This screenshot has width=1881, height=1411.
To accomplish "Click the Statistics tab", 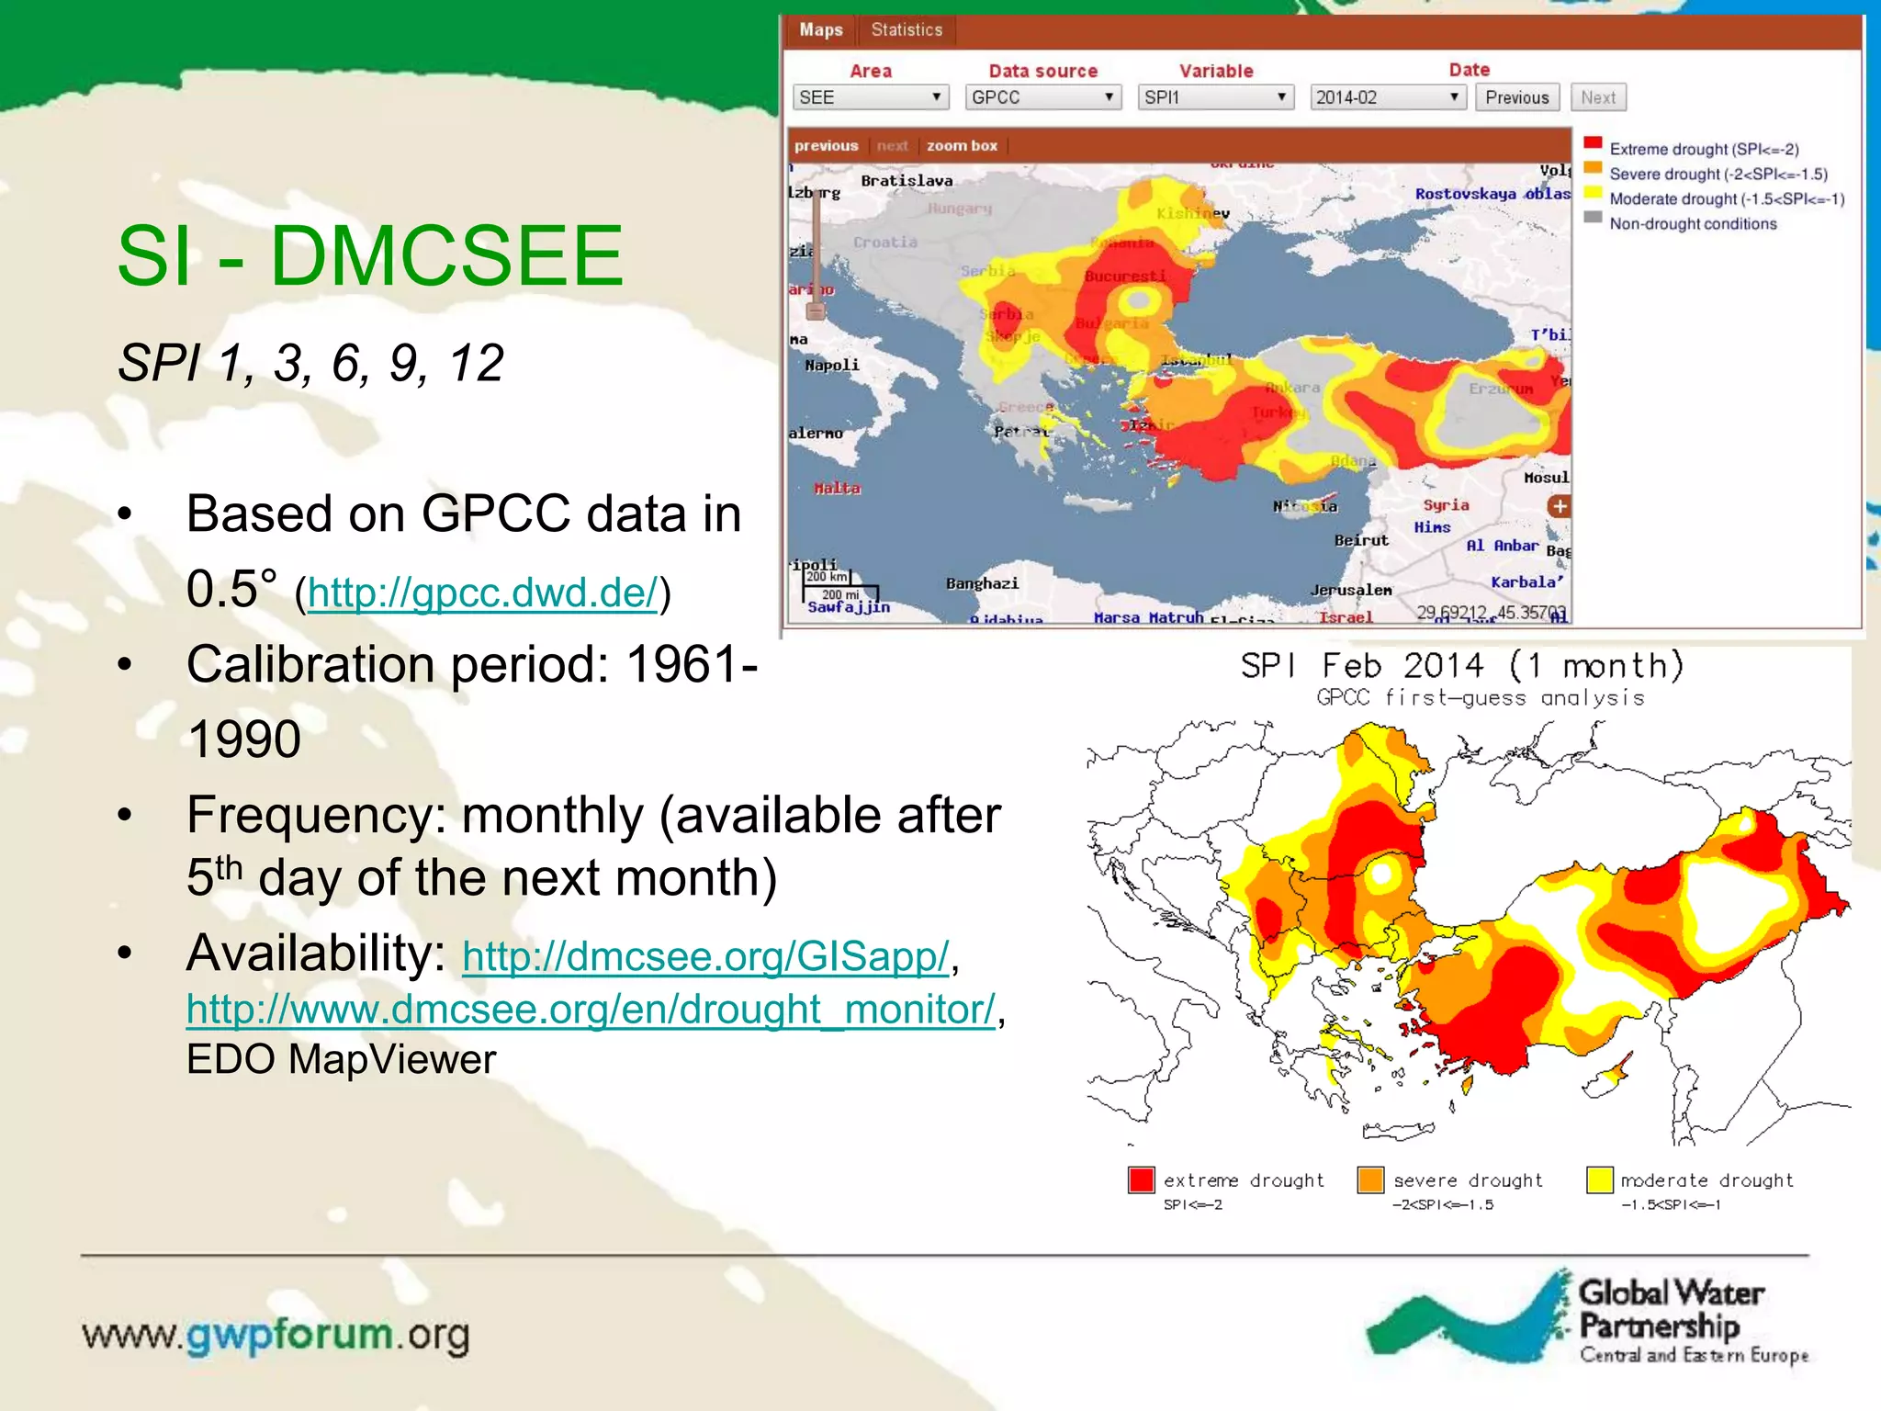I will click(907, 30).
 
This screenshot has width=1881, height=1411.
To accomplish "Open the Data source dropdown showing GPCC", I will click(1042, 97).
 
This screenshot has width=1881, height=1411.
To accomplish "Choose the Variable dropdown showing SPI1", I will click(1215, 97).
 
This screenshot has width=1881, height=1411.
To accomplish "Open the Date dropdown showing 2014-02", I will click(1387, 97).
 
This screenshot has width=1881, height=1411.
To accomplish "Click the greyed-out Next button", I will click(1598, 97).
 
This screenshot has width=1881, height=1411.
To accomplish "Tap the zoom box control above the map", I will click(962, 146).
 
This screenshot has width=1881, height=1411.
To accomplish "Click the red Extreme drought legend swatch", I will click(1594, 144).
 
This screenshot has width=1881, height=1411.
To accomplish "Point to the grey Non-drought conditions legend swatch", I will click(1594, 219).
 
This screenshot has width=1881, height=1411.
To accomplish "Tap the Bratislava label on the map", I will click(907, 181).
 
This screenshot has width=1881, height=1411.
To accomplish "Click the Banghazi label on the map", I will click(982, 583).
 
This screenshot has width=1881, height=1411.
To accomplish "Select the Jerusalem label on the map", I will click(1351, 590).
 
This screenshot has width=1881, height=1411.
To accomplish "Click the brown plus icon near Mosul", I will click(1559, 506).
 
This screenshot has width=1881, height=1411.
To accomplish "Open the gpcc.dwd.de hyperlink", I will click(483, 593).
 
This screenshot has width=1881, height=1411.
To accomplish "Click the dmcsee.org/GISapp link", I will click(705, 956).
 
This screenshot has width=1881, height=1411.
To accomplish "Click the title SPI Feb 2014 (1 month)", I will click(1462, 666).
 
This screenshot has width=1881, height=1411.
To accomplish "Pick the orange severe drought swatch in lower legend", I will click(1370, 1180).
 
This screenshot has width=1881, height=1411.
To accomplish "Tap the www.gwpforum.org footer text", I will click(276, 1335).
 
